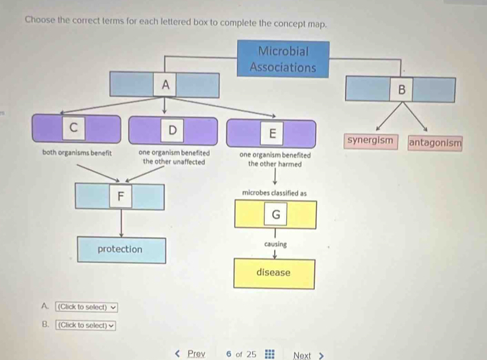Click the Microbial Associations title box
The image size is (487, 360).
[x=283, y=59]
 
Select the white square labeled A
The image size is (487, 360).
[x=165, y=84]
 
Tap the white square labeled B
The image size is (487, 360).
[x=402, y=89]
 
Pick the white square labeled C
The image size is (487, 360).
[x=73, y=127]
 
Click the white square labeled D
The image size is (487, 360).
[x=172, y=131]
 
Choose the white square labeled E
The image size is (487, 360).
[x=272, y=133]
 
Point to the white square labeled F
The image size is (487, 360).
[x=120, y=196]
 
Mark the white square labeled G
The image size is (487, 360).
[x=275, y=214]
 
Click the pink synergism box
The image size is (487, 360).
[x=370, y=141]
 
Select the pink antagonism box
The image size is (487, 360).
[x=435, y=143]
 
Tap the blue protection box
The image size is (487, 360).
[x=122, y=250]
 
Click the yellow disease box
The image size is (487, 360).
[x=274, y=274]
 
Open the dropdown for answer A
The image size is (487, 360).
[x=87, y=307]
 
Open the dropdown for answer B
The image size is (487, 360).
[x=85, y=325]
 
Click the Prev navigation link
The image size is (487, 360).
[x=191, y=354]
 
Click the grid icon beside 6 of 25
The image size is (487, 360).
[x=270, y=354]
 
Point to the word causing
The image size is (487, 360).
[x=275, y=244]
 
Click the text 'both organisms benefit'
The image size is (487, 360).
[x=77, y=153]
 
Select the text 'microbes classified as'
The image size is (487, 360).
[x=274, y=193]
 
